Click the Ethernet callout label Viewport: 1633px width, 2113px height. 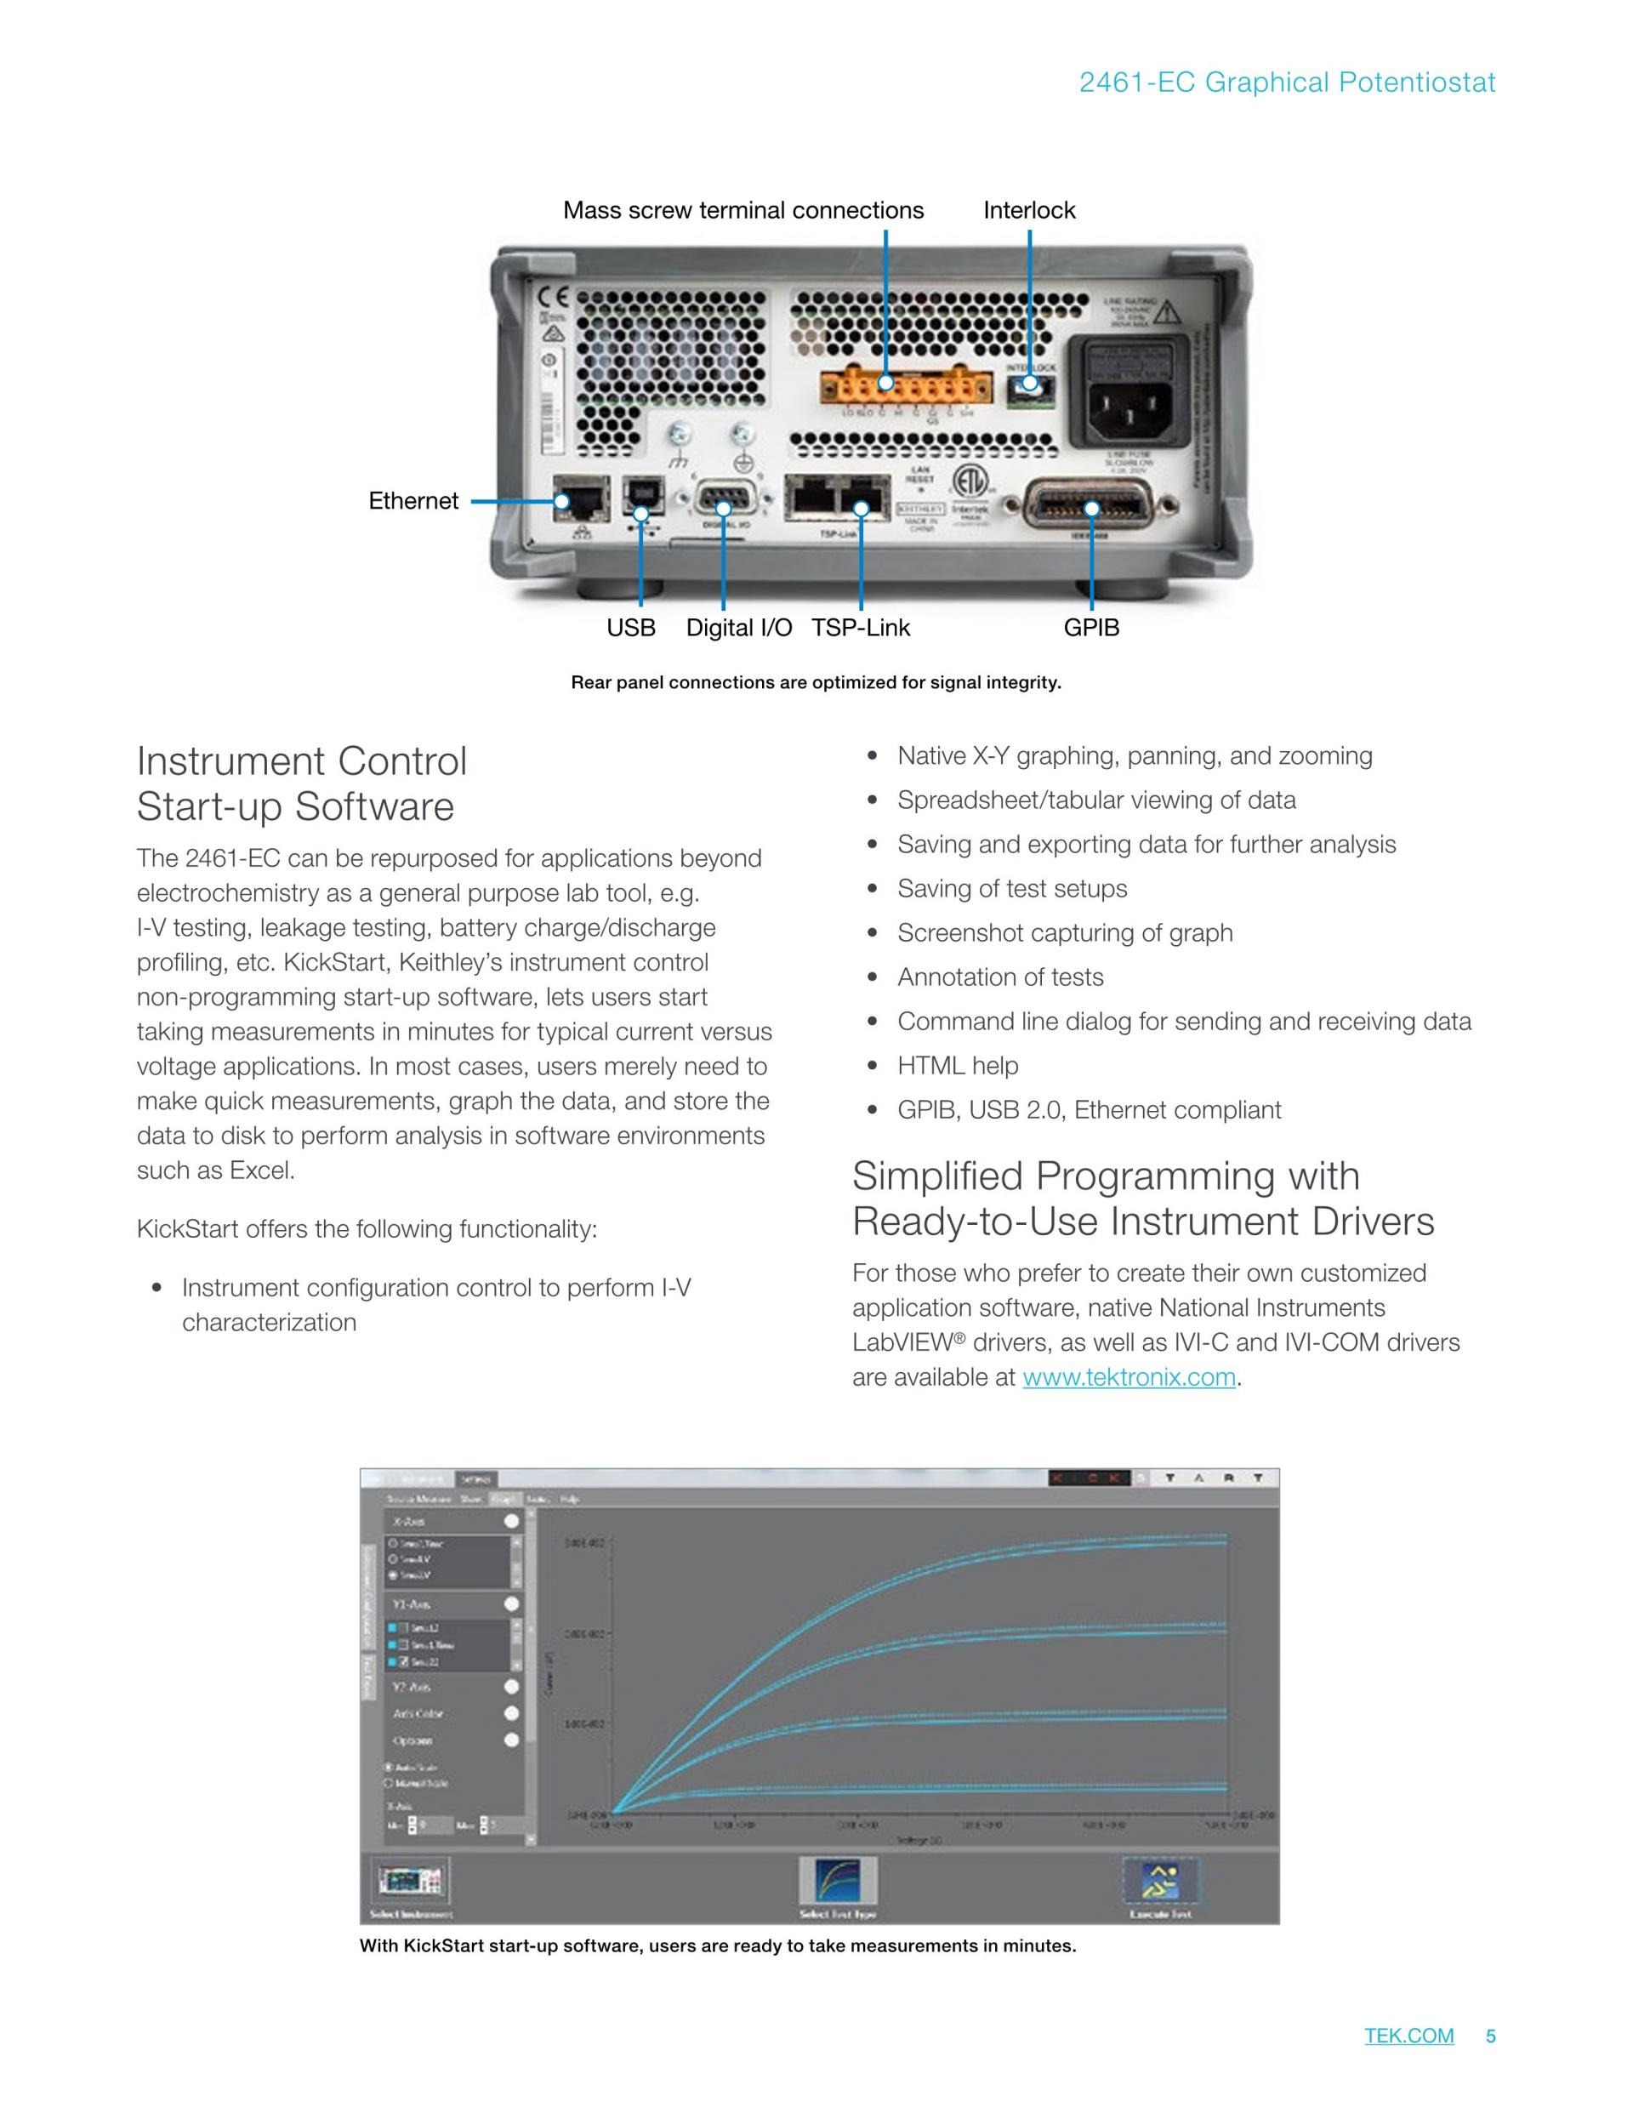pos(413,501)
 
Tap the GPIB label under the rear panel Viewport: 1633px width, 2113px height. pos(1091,628)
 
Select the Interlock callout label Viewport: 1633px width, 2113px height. pos(1028,210)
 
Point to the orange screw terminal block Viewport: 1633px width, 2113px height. pos(906,388)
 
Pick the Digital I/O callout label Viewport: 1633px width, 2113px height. pos(739,628)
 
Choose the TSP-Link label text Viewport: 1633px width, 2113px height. pos(860,628)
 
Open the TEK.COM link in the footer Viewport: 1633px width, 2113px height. pos(1408,2036)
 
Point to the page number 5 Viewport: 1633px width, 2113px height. pos(1491,2036)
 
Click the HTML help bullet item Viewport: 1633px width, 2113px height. pos(957,1065)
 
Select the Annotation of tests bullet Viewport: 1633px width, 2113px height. pos(999,977)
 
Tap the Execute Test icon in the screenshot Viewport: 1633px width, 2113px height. pos(1160,1881)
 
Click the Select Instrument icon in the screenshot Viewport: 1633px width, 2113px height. pos(411,1881)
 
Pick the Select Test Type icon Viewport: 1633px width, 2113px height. pos(838,1881)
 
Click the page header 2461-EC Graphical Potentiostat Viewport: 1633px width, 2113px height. pos(1287,83)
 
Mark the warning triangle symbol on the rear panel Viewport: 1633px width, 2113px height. pos(1167,312)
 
